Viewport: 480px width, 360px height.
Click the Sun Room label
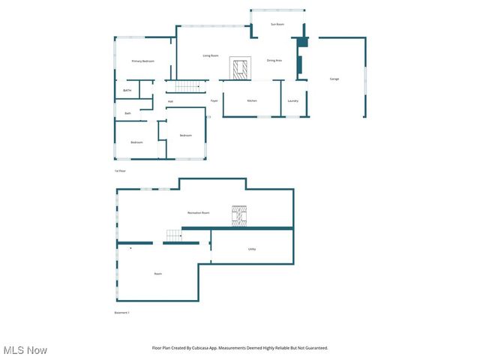pyautogui.click(x=277, y=25)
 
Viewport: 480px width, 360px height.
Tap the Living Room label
pyautogui.click(x=211, y=56)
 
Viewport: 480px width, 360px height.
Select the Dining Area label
pyautogui.click(x=274, y=60)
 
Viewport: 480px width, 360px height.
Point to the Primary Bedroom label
pyautogui.click(x=142, y=61)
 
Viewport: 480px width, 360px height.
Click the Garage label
pyautogui.click(x=334, y=79)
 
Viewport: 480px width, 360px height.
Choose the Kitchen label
pyautogui.click(x=253, y=100)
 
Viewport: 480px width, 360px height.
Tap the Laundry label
pyautogui.click(x=293, y=100)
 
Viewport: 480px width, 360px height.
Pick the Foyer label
pyautogui.click(x=214, y=100)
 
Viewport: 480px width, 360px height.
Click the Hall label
pyautogui.click(x=170, y=101)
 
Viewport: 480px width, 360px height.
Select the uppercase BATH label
pyautogui.click(x=127, y=90)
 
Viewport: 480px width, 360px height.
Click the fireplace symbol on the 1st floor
pyautogui.click(x=240, y=69)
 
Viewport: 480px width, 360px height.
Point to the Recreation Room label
pyautogui.click(x=198, y=213)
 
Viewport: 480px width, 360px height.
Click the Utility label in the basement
pyautogui.click(x=252, y=249)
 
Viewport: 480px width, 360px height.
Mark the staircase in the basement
pyautogui.click(x=174, y=237)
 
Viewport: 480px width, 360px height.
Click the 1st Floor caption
pyautogui.click(x=120, y=171)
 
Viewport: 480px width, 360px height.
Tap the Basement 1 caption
pyautogui.click(x=122, y=313)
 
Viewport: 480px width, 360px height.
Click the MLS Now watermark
pyautogui.click(x=25, y=350)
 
